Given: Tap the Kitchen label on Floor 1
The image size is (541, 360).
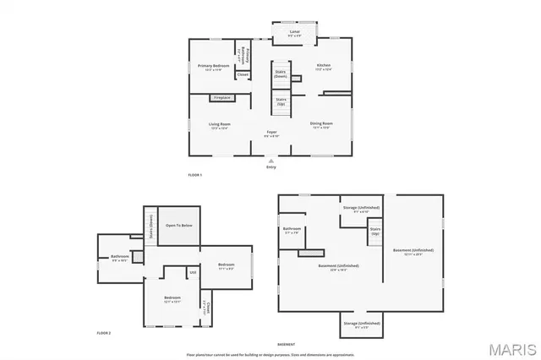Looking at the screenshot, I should click(323, 66).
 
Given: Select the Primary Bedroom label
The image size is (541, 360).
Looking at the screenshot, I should click(213, 66).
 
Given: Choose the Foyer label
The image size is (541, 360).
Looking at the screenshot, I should click(271, 133).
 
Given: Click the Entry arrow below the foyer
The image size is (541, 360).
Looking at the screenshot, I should click(270, 161).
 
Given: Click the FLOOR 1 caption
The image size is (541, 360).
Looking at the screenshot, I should click(195, 175).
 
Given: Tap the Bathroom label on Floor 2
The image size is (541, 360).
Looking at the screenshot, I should click(119, 257).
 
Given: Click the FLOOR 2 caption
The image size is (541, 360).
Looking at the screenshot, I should click(103, 333).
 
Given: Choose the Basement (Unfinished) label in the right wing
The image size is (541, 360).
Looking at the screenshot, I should click(413, 250).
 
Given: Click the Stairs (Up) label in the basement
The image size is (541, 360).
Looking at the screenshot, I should click(375, 230).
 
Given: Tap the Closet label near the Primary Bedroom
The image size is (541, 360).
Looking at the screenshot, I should click(242, 74).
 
